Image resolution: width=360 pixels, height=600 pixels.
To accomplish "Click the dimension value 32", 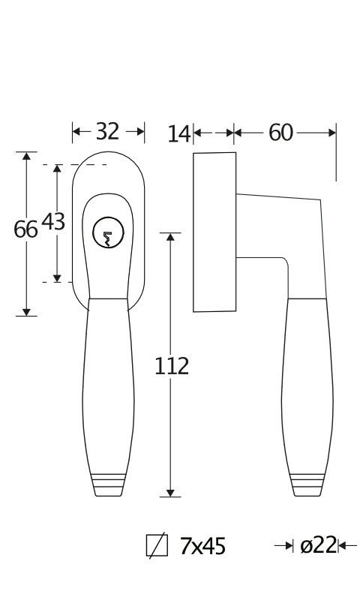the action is click(107, 132).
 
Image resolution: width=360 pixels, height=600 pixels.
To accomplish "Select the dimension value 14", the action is click(179, 134).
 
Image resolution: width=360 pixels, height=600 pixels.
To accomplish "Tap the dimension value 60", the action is click(280, 133).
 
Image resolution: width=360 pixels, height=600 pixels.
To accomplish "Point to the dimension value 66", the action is click(25, 229).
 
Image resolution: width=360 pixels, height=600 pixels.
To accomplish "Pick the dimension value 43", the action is click(53, 222).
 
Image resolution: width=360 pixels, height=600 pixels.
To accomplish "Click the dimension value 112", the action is click(172, 366).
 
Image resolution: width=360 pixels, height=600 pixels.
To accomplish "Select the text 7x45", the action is click(202, 546).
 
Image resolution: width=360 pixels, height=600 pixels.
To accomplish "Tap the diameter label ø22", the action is click(318, 545).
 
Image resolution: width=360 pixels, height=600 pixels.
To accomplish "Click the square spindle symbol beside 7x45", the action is click(157, 545).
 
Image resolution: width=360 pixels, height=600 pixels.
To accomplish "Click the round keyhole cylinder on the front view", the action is click(108, 232).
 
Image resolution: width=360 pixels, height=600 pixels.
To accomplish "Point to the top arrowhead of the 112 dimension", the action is click(171, 237).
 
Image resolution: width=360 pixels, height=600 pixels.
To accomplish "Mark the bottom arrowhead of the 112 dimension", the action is click(171, 493).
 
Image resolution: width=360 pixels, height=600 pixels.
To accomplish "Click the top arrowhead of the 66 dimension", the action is click(26, 156).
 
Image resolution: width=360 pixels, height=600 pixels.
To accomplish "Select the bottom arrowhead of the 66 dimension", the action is click(26, 312).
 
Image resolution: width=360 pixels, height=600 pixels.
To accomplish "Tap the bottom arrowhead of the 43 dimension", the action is click(57, 278).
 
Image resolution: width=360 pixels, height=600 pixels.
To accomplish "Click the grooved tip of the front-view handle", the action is click(109, 484).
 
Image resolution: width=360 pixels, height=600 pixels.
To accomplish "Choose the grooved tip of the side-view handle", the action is click(307, 484).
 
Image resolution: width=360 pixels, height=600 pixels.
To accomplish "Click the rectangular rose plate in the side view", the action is click(214, 232).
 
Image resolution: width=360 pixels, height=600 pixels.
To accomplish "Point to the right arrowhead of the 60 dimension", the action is click(332, 133).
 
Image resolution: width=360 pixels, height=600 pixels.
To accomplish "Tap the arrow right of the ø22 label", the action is click(347, 545).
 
